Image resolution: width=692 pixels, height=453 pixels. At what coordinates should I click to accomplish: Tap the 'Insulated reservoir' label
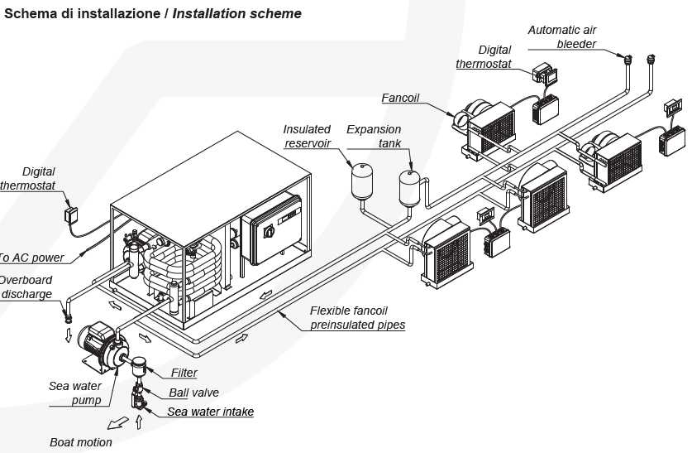(307, 136)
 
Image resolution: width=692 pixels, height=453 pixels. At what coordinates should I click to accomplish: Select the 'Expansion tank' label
(374, 136)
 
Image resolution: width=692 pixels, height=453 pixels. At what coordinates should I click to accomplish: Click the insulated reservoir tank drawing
(360, 178)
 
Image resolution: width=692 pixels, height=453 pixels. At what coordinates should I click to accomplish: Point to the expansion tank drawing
(408, 187)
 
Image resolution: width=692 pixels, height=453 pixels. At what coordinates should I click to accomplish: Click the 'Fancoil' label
(400, 98)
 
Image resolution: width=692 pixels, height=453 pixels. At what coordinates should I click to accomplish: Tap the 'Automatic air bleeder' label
(564, 36)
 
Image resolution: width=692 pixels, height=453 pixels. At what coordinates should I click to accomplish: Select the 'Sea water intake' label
(210, 412)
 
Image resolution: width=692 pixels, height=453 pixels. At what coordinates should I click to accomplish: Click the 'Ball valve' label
(194, 393)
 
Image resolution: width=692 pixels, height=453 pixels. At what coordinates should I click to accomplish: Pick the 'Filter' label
(184, 373)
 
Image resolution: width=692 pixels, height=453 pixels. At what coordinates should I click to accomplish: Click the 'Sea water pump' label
(75, 393)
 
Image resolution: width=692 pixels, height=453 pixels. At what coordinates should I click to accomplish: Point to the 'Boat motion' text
(81, 442)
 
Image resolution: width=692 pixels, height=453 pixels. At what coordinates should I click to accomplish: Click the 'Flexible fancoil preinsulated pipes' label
(357, 318)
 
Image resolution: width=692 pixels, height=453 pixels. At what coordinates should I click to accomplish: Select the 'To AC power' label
(31, 258)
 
